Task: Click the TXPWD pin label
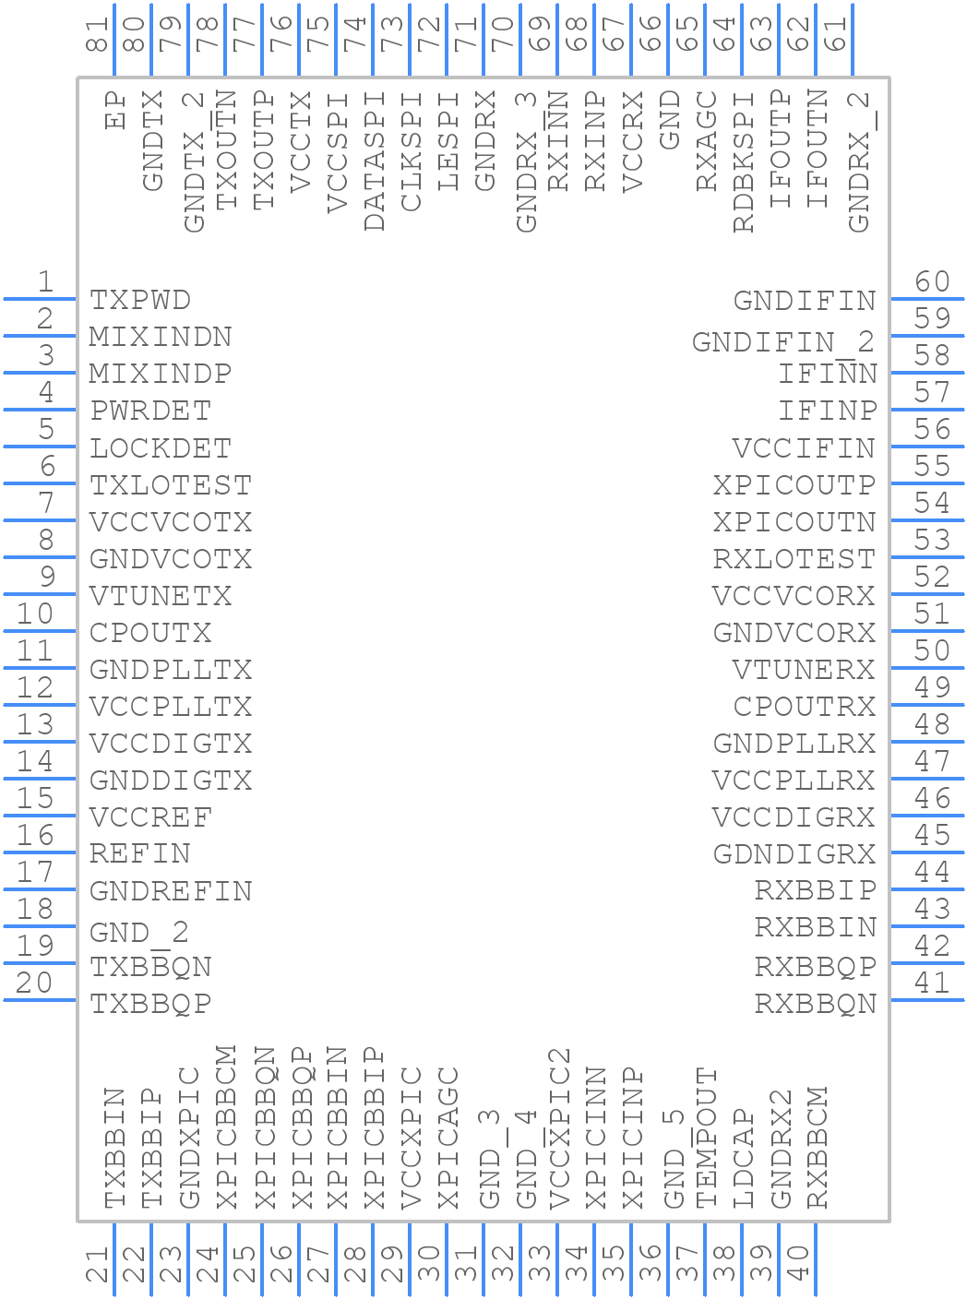tap(140, 301)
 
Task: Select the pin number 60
tap(932, 281)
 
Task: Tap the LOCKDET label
tap(161, 448)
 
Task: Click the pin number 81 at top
tap(97, 34)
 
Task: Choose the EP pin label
tap(115, 110)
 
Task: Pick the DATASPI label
tap(375, 161)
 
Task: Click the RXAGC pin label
tap(707, 141)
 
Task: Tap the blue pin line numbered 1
tap(40, 299)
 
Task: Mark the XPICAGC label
tap(448, 1138)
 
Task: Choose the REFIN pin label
tap(140, 854)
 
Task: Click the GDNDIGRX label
tap(794, 854)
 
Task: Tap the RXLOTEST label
tap(794, 559)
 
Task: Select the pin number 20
tap(34, 983)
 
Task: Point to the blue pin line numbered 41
tap(927, 1000)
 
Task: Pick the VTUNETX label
tap(161, 596)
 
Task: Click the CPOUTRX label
tap(805, 707)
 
